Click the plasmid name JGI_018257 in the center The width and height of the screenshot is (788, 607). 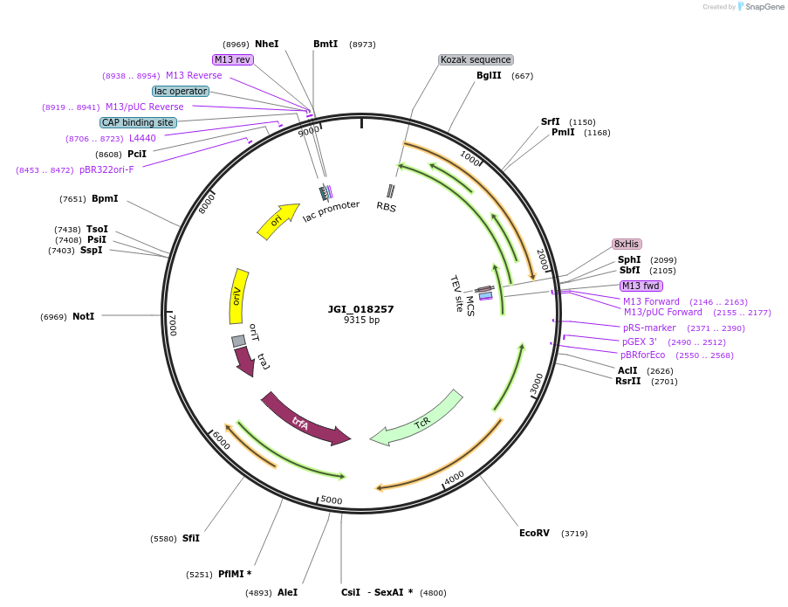[361, 309]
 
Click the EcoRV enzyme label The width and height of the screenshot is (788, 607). [534, 533]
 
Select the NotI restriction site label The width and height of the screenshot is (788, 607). [83, 316]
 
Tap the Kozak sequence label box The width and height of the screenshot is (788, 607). [476, 60]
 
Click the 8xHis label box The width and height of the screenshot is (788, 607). [627, 244]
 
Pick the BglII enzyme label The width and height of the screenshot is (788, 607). [489, 76]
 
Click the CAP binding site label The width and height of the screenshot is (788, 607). [138, 122]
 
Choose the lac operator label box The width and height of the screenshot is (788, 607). [180, 91]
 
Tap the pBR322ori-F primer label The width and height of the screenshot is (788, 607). [106, 169]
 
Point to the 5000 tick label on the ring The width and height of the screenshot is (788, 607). [331, 500]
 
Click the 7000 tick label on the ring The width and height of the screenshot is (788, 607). [172, 325]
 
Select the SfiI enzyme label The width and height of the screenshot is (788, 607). [190, 538]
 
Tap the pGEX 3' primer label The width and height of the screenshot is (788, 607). [639, 341]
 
